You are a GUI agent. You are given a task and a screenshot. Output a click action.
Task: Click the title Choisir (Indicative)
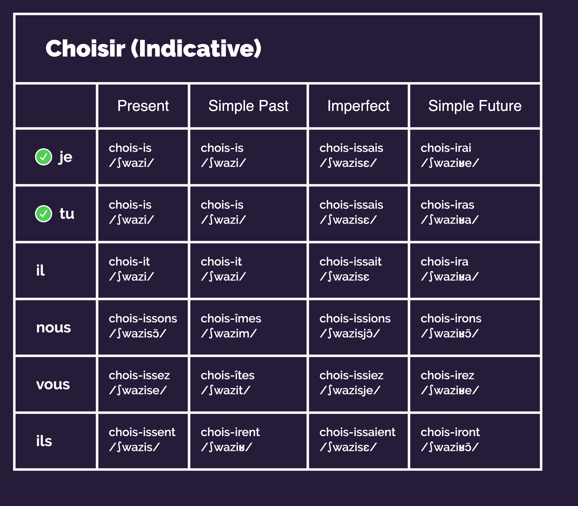click(x=153, y=49)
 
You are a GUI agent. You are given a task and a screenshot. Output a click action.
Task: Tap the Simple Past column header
click(x=248, y=106)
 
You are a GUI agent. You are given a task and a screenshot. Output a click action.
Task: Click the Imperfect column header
click(x=358, y=106)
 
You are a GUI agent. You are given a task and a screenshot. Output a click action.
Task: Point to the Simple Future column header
click(x=475, y=106)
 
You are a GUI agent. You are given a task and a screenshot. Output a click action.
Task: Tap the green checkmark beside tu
click(x=43, y=214)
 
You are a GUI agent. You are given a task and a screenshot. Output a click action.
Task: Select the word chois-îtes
click(x=228, y=375)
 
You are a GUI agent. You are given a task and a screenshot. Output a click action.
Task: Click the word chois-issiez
click(x=351, y=375)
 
